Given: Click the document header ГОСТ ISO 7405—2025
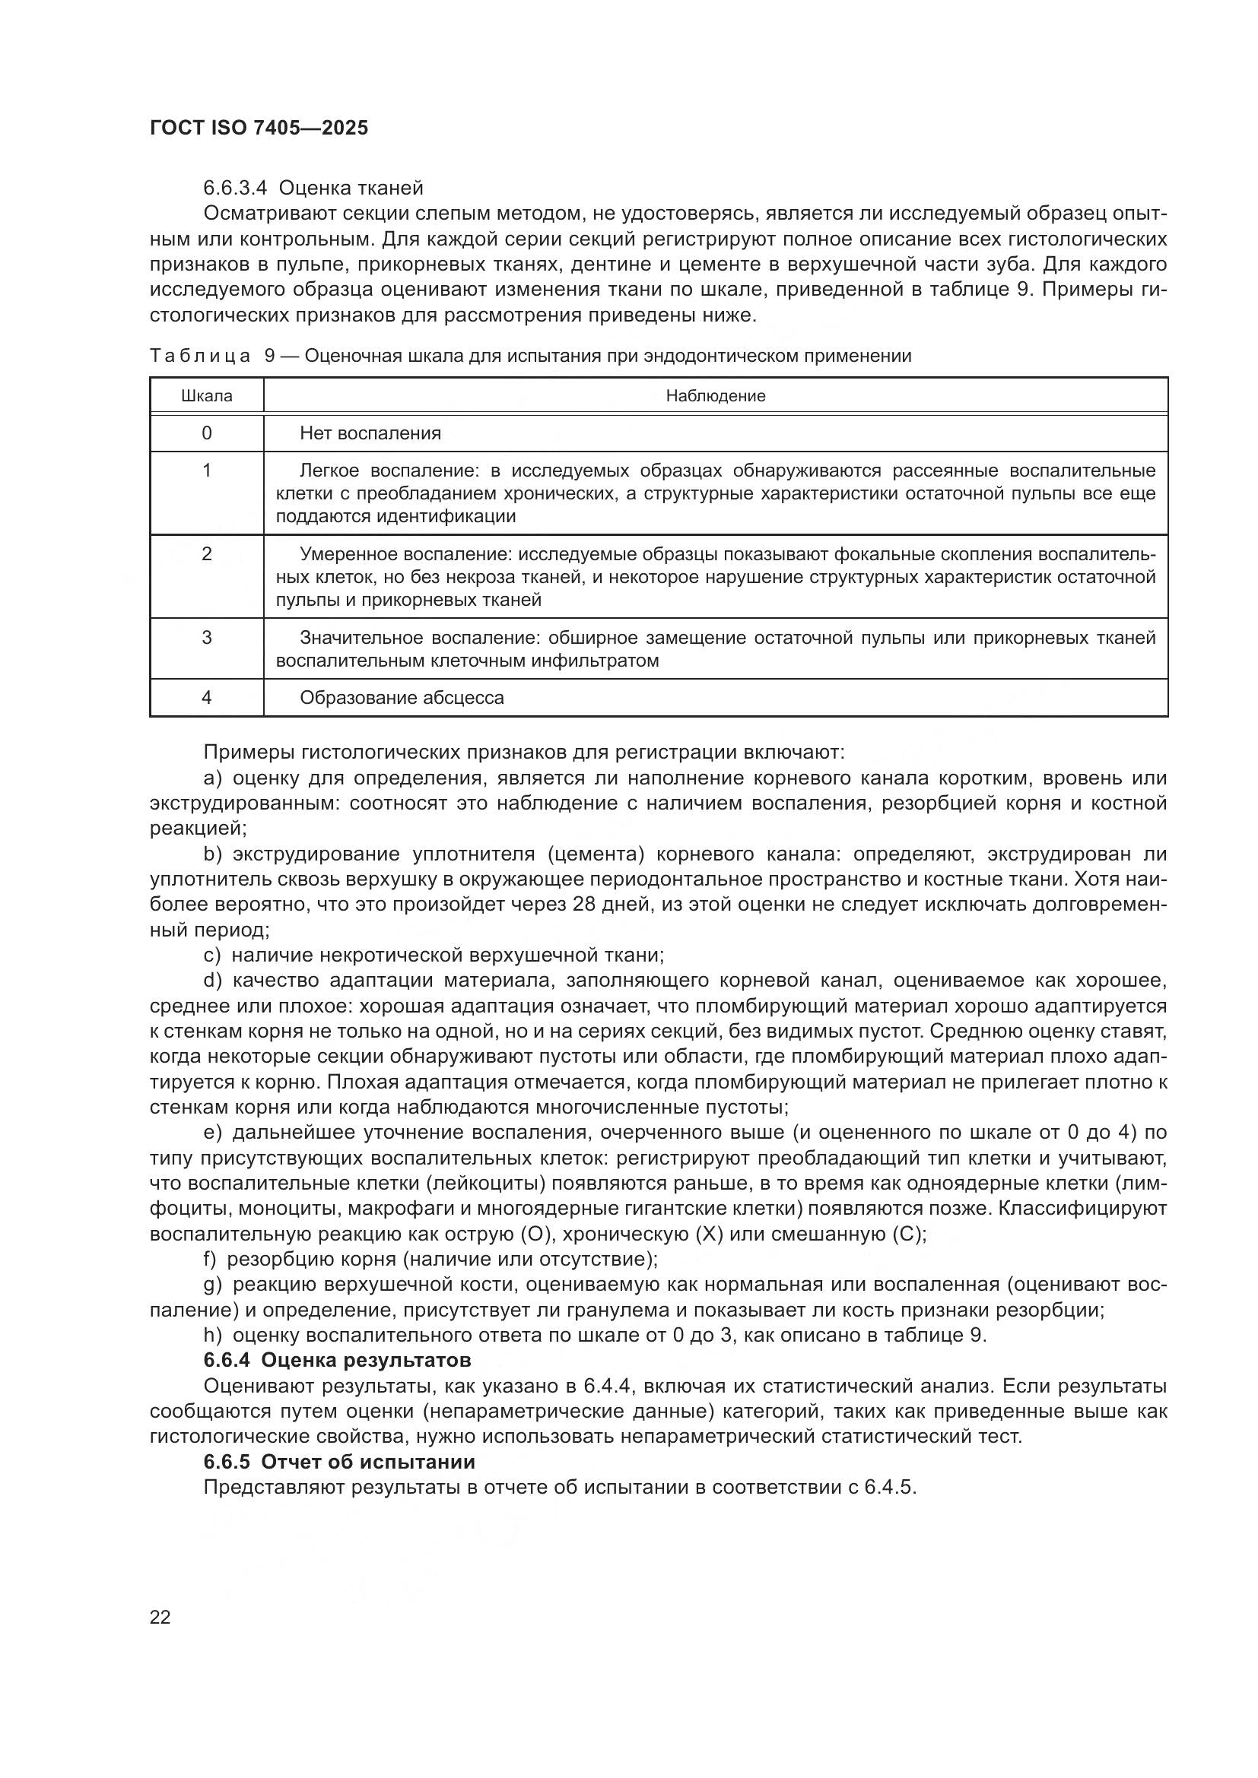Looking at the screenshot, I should pos(259,128).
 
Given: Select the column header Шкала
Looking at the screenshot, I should pos(206,396).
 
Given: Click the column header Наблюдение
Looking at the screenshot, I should pos(715,396).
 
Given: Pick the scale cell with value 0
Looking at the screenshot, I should pos(206,433).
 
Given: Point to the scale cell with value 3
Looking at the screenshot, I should pos(206,637).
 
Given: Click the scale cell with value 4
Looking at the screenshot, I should pos(206,697).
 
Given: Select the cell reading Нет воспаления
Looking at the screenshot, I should pos(370,433).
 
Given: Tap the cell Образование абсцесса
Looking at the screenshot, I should pos(402,698).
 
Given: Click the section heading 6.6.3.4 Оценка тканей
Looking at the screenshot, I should pos(313,188).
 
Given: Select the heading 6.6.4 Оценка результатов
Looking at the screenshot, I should pos(337,1360).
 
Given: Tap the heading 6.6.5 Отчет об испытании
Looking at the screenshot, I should pos(339,1461).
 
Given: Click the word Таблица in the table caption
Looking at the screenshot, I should pos(200,356).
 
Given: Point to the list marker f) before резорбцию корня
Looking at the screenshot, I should pos(210,1259).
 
